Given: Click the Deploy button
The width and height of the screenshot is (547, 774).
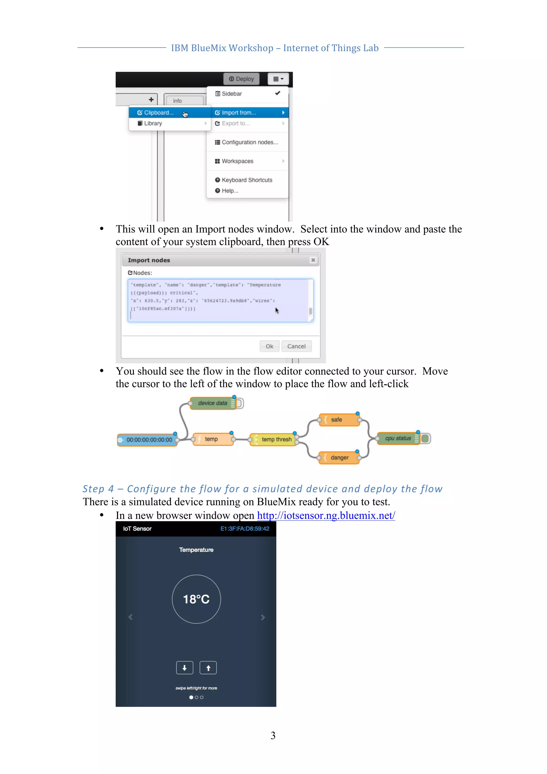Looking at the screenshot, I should pos(241,79).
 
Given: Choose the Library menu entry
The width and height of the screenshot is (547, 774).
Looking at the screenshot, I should pos(153,123).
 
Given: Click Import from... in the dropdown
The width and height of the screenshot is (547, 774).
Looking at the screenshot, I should pos(239,112).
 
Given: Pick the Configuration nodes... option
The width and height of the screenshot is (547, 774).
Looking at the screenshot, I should pos(249,142).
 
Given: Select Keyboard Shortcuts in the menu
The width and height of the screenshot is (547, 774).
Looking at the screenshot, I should pos(247,180).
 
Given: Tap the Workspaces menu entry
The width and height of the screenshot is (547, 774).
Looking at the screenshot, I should pos(237,161).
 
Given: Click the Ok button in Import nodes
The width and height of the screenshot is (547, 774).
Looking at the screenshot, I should pos(269,346).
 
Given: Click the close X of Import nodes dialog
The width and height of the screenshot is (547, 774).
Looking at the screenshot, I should pos(313,260).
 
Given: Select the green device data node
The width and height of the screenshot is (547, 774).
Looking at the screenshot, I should pos(212,403).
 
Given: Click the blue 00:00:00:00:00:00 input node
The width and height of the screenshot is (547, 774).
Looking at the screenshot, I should pos(149,439).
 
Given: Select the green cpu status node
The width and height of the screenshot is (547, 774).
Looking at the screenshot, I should pos(398,438).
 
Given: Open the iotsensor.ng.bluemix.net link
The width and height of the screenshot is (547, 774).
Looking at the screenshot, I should pos(326,515).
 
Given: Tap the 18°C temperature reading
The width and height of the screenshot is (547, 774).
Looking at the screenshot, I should pos(196,599).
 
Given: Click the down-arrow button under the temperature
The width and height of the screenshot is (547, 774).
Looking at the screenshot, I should pos(185,668).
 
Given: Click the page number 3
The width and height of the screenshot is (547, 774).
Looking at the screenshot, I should pos(273,735).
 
